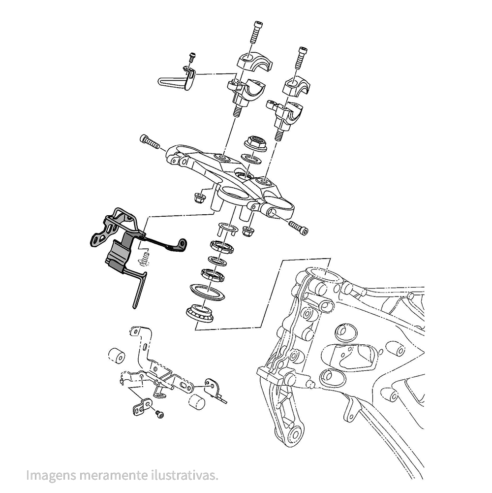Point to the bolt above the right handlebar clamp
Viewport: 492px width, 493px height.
301,58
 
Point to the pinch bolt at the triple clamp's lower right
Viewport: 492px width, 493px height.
299,227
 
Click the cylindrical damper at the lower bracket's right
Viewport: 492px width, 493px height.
197,402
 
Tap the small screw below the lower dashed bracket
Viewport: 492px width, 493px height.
159,415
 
